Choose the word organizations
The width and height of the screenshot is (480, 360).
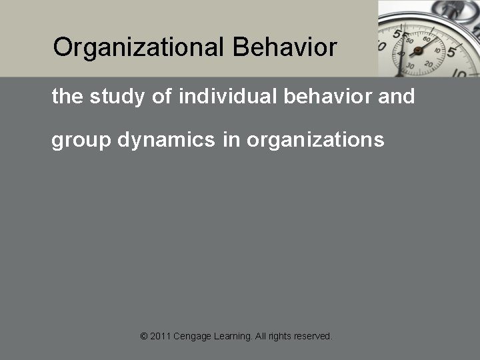(315, 141)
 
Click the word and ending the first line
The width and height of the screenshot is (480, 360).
(397, 97)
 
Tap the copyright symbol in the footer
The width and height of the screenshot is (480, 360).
(144, 337)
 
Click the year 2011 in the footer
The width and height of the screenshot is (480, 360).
(160, 337)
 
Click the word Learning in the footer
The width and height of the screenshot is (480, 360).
(233, 337)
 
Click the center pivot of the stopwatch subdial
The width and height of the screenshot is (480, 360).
(418, 51)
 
